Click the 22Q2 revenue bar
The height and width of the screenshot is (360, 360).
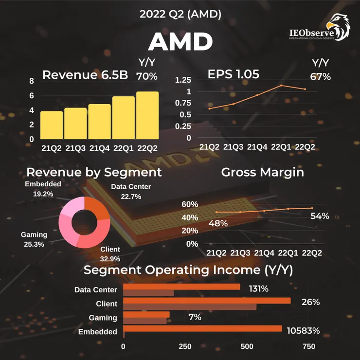coord(147,115)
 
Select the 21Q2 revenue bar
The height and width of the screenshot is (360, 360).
coord(52,125)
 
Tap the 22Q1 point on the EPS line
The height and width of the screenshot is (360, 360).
coord(281,86)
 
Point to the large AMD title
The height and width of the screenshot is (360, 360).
coord(180,43)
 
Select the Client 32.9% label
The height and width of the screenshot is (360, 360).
coord(110,253)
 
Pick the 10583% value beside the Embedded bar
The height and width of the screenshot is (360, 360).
coord(303,331)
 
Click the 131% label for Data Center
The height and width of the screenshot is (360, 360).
coord(258,289)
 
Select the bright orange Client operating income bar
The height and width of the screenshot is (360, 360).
coord(207,301)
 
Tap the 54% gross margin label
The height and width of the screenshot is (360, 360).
coord(320,216)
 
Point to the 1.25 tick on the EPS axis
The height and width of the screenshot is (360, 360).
coord(183,80)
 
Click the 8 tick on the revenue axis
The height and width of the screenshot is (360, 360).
coord(32,81)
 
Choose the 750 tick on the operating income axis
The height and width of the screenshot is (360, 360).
coord(308,346)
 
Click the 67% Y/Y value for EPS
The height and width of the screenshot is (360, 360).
coord(320,77)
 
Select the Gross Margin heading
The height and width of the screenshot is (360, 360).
coord(262,172)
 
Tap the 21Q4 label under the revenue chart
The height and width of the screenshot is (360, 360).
coord(100,148)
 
